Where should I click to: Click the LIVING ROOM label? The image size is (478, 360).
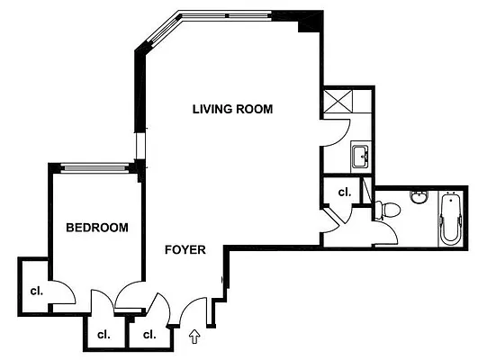tap(232, 109)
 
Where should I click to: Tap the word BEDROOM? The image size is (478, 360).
tap(97, 228)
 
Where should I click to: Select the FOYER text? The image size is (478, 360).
tap(185, 249)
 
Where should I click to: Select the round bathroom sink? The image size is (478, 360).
tap(419, 197)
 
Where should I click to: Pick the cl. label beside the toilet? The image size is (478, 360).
tap(344, 192)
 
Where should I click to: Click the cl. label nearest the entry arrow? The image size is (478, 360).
tap(149, 335)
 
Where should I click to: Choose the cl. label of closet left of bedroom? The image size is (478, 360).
tap(36, 290)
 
